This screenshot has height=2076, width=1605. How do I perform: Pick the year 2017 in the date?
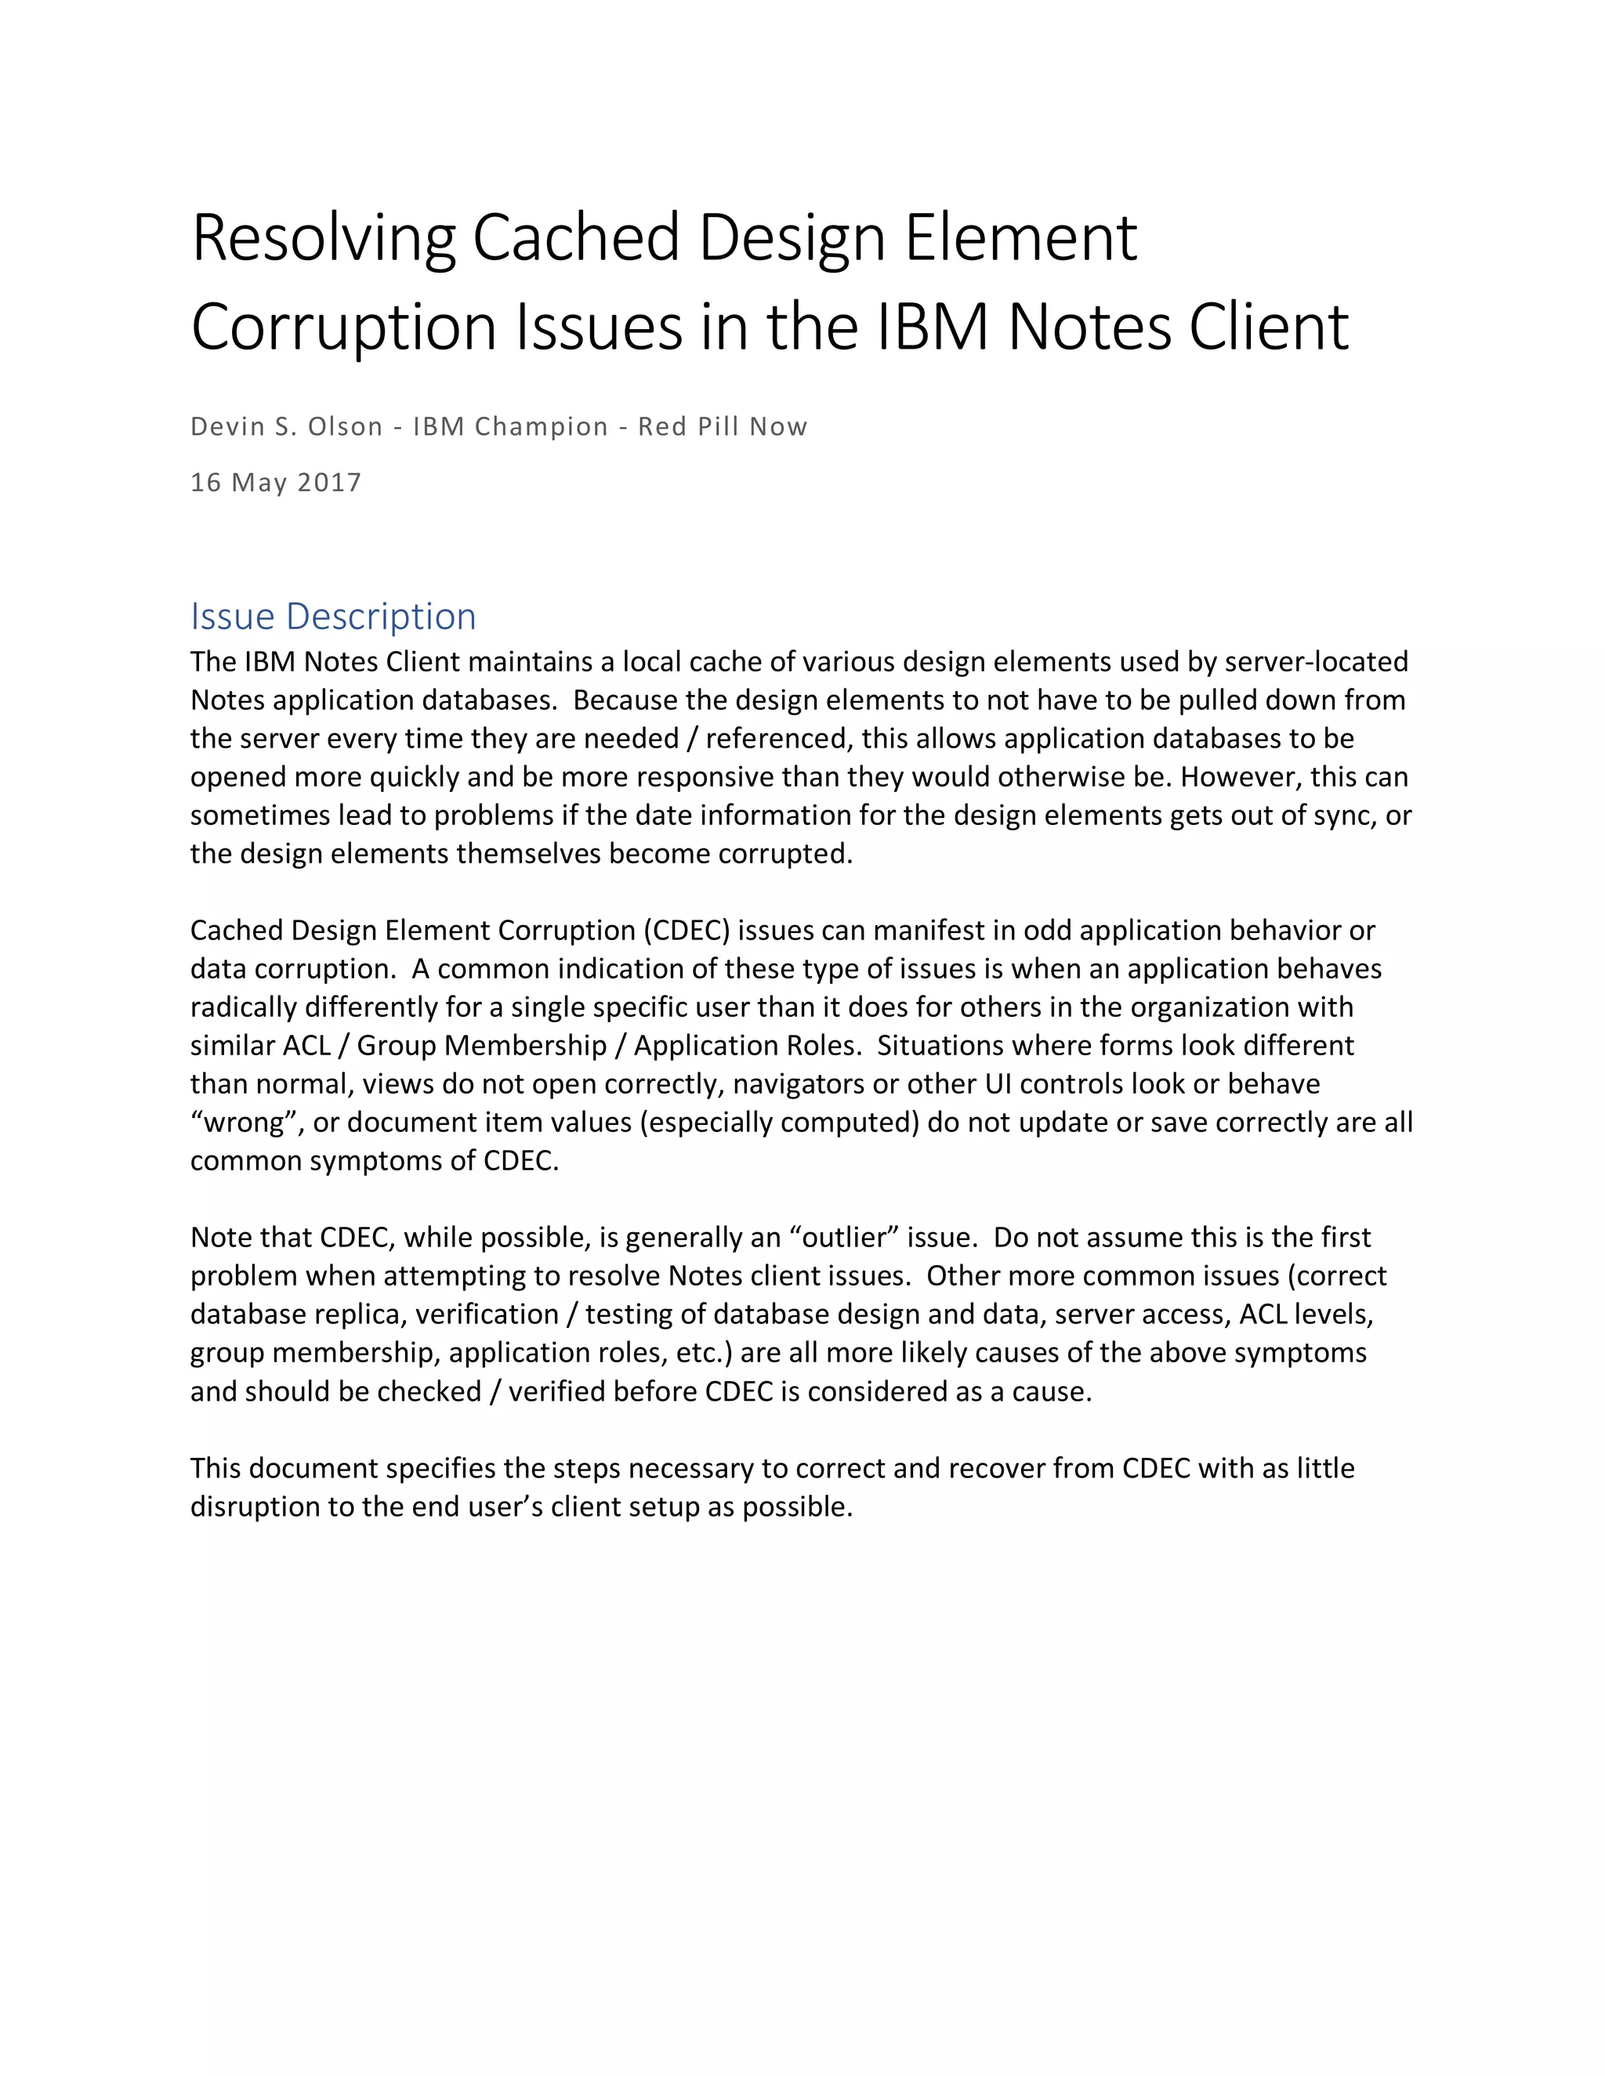point(330,483)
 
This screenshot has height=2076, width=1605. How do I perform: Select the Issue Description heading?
point(333,617)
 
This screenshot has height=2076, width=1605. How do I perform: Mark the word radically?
point(244,1007)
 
